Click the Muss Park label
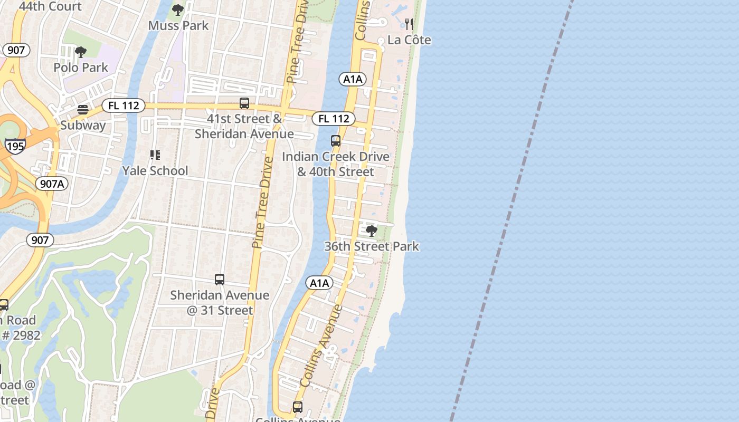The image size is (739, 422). [x=178, y=25]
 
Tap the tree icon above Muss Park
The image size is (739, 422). [x=178, y=9]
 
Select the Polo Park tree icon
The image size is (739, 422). [x=81, y=52]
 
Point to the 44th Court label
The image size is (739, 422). [x=50, y=6]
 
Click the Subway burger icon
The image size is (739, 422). [x=83, y=110]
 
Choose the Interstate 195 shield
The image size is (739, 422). [x=15, y=146]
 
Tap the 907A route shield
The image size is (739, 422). [x=52, y=184]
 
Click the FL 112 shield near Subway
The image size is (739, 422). [x=124, y=105]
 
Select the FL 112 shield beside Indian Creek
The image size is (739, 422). [x=334, y=119]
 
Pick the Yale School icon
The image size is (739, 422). [x=155, y=155]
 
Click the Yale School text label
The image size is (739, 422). [x=155, y=170]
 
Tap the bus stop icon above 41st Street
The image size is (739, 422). [x=244, y=103]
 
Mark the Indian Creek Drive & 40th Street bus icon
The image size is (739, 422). [x=335, y=141]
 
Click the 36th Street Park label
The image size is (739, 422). [x=372, y=246]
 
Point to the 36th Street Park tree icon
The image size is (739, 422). [x=372, y=231]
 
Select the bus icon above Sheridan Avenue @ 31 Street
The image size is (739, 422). [x=220, y=280]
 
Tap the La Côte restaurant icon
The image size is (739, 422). [x=409, y=24]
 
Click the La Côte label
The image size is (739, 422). [x=409, y=40]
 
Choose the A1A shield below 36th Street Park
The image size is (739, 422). [x=319, y=283]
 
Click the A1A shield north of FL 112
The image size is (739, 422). [x=353, y=79]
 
